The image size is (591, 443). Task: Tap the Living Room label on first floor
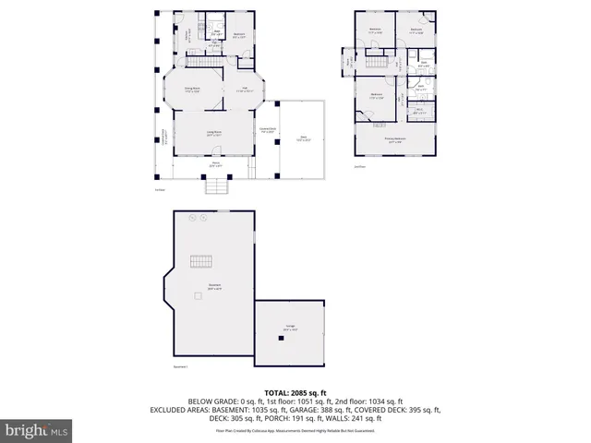(x=213, y=134)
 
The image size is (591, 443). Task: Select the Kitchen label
(x=185, y=35)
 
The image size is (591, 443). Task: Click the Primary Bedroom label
(x=394, y=141)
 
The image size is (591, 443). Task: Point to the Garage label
(x=290, y=328)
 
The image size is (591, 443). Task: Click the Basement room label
(x=213, y=285)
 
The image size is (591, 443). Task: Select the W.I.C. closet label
(x=418, y=112)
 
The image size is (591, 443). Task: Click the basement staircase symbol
(x=202, y=261)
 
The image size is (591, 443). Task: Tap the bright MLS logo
(x=37, y=430)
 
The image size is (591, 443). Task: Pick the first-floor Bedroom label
(x=239, y=36)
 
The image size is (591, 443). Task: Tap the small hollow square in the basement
(x=198, y=295)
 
